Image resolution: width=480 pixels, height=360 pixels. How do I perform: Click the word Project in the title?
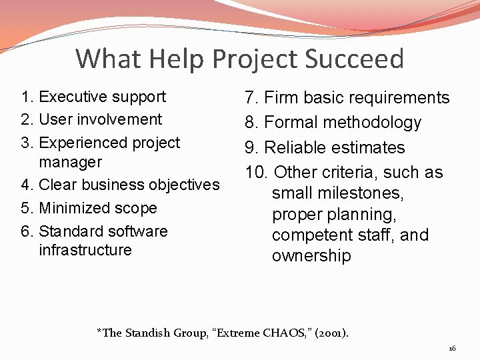click(254, 59)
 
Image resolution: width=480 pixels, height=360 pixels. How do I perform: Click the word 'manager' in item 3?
click(70, 162)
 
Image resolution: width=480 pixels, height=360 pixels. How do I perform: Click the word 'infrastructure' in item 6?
click(85, 250)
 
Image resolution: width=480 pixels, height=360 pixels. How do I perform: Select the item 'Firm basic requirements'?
click(347, 98)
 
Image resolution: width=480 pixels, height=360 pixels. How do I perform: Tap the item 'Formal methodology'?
click(333, 123)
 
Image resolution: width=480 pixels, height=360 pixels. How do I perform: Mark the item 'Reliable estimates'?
click(325, 147)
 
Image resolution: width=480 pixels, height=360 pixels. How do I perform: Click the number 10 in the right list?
click(255, 172)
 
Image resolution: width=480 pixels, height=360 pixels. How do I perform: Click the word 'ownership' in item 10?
click(311, 257)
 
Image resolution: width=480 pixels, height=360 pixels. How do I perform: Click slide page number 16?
click(451, 349)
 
